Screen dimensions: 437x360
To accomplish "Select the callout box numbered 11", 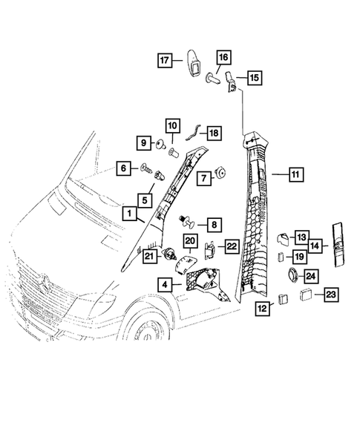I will tap(295, 175).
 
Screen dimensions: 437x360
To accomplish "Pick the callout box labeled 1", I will tap(129, 214).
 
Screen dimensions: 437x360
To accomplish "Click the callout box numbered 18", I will tap(213, 133).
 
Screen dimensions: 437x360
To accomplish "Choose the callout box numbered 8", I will tap(213, 223).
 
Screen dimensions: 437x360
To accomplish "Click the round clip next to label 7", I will tap(220, 174).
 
